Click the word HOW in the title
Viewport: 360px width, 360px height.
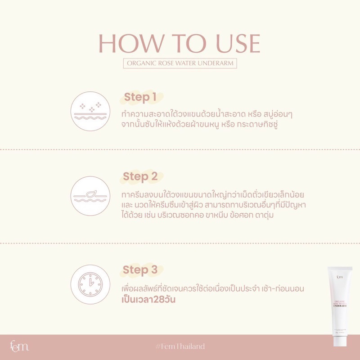coord(131,44)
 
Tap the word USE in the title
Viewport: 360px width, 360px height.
coord(238,44)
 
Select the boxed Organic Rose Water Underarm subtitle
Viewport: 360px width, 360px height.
coord(180,63)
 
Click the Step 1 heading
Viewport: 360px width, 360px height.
coord(140,97)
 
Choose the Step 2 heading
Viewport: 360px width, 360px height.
coord(140,176)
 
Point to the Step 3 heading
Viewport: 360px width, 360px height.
coord(140,270)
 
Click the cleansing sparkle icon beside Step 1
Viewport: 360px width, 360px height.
coord(90,111)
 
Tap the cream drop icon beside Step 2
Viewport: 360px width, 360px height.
coord(90,196)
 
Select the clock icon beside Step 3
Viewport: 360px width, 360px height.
coord(90,284)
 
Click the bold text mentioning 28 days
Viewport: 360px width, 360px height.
coord(148,300)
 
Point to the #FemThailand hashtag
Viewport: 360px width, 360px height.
coord(180,346)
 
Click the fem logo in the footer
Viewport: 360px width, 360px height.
coord(19,346)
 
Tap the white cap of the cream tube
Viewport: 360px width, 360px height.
coord(340,341)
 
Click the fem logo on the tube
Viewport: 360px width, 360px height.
coord(340,277)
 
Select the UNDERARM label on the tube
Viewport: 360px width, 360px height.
coord(340,306)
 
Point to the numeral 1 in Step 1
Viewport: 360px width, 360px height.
coord(153,97)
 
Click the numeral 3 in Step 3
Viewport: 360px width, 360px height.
coord(154,269)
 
